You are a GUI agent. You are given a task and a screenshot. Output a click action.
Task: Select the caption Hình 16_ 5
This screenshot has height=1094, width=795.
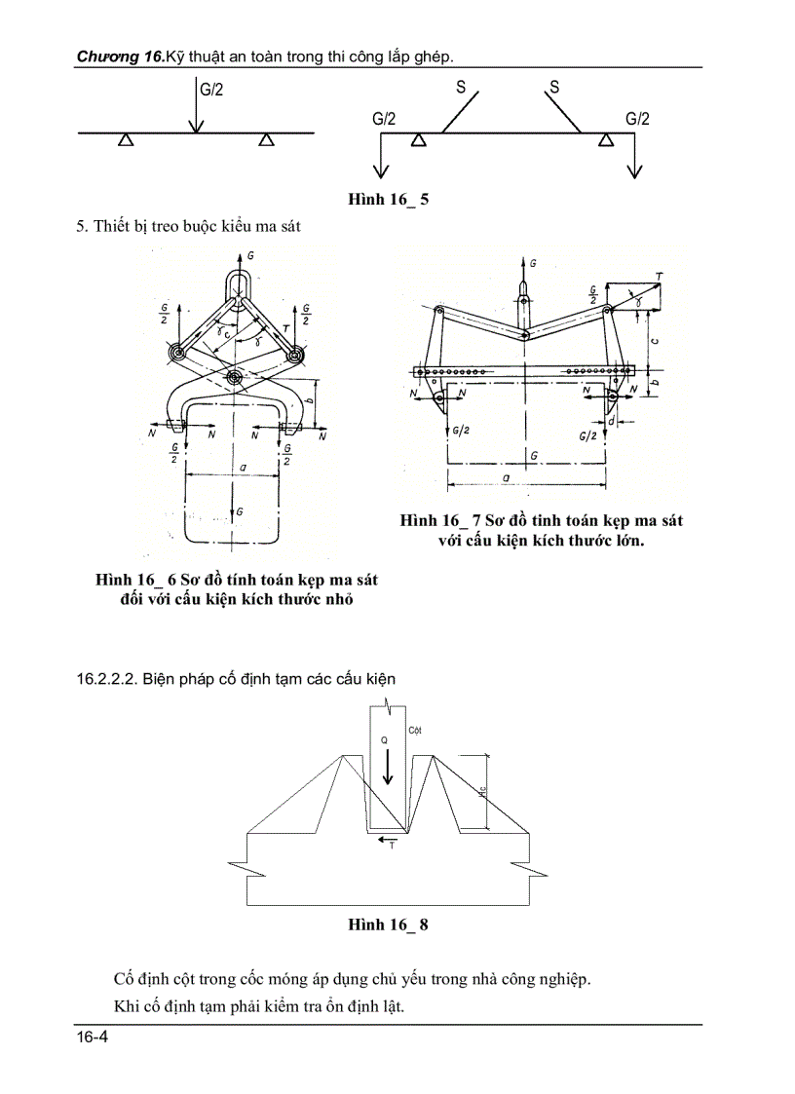tap(389, 200)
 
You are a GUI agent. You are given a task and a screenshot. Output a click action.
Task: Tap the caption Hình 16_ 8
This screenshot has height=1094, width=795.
tap(388, 924)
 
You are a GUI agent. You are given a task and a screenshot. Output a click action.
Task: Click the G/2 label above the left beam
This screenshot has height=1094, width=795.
tap(211, 90)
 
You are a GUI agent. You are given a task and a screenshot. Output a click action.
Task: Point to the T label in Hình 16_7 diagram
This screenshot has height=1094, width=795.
tap(660, 278)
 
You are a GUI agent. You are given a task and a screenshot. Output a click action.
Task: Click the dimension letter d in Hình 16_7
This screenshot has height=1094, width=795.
tap(610, 422)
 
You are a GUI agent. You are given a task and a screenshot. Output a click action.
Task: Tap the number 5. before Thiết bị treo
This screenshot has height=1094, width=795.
tap(83, 227)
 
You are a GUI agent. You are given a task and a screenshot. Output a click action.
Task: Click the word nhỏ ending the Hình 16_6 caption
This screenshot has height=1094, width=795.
tap(336, 598)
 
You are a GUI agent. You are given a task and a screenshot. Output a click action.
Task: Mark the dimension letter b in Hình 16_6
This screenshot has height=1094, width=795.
tap(309, 400)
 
